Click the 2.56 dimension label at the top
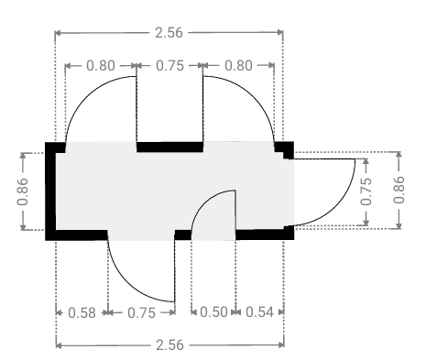(169, 33)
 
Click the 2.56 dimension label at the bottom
(169, 345)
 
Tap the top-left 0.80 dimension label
(101, 66)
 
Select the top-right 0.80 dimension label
(238, 66)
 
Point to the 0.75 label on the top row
(169, 66)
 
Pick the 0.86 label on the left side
(23, 191)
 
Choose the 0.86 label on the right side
(399, 190)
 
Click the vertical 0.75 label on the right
(366, 191)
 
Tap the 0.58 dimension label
(82, 313)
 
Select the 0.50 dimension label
(213, 312)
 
